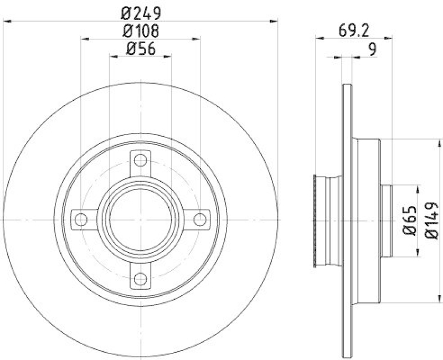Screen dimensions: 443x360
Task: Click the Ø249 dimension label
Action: click(141, 13)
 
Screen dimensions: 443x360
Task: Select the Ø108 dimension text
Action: click(141, 31)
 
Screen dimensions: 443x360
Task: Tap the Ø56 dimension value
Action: click(141, 49)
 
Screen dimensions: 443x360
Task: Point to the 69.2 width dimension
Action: click(354, 31)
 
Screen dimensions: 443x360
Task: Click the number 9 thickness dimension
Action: click(373, 49)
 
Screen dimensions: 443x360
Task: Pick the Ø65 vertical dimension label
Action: click(410, 220)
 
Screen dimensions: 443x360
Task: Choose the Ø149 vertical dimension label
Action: click(431, 220)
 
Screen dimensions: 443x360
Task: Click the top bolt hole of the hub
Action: click(141, 161)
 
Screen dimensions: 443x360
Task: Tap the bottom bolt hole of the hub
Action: click(141, 279)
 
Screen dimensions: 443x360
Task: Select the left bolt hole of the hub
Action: click(81, 219)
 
